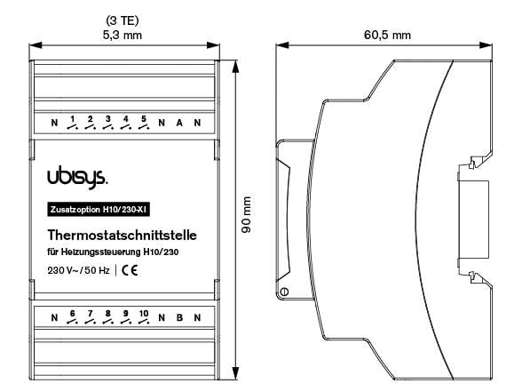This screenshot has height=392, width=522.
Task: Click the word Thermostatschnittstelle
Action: pos(127,236)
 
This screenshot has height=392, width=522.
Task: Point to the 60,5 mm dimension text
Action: pos(388,35)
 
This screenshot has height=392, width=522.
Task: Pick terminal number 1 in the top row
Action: pos(72,118)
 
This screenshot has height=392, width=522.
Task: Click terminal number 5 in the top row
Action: pos(144,118)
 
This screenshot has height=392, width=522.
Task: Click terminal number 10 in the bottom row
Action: pos(144,313)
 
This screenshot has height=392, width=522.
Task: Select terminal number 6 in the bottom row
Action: pos(72,313)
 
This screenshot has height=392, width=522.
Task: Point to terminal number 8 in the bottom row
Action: pos(107,313)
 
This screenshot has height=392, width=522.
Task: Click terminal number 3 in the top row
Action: pos(107,118)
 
